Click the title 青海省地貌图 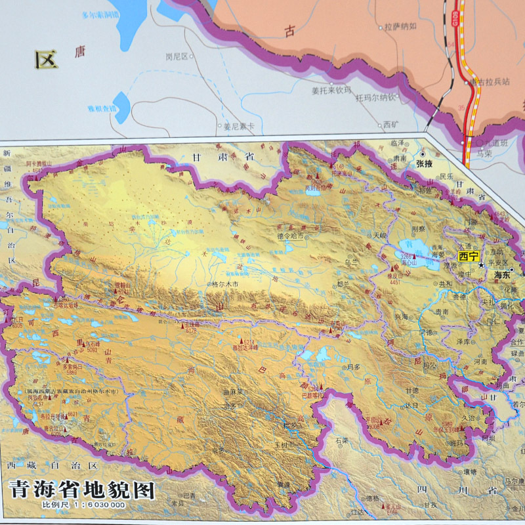(x=81, y=490)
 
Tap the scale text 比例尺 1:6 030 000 (x=83, y=505)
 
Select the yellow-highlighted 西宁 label (x=469, y=256)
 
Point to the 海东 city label (x=502, y=277)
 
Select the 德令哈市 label (x=290, y=236)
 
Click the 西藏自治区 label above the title (x=52, y=465)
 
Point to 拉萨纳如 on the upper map (x=400, y=27)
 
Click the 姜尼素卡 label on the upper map (x=238, y=127)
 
